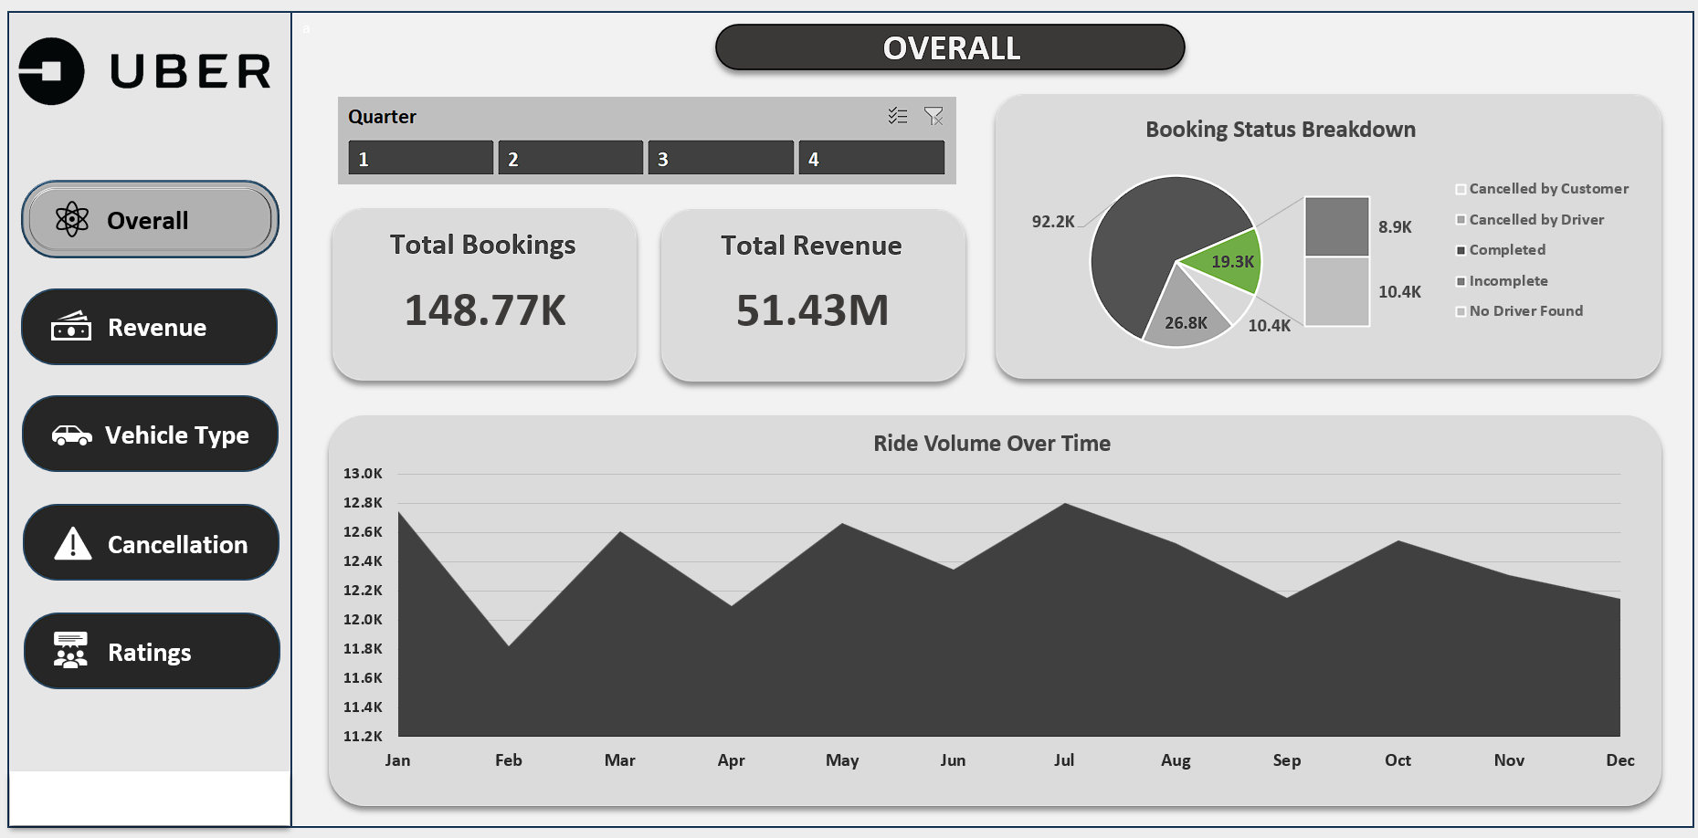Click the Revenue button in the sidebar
coord(149,327)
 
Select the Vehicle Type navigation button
coord(150,435)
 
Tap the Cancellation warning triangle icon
coord(73,544)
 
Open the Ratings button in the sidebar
coord(151,652)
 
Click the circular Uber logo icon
coord(52,71)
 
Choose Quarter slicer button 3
coord(721,158)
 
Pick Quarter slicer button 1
coord(420,158)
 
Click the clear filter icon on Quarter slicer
coord(933,116)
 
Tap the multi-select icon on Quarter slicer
coord(898,116)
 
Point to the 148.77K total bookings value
coord(485,310)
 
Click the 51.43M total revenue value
coord(812,310)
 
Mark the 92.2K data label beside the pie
coord(1053,222)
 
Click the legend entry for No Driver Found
coord(1525,311)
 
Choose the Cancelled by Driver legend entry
coord(1535,220)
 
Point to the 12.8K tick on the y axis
coord(363,503)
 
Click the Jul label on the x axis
coord(1064,760)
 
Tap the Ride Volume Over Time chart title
coord(992,444)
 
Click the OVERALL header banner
coord(950,48)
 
